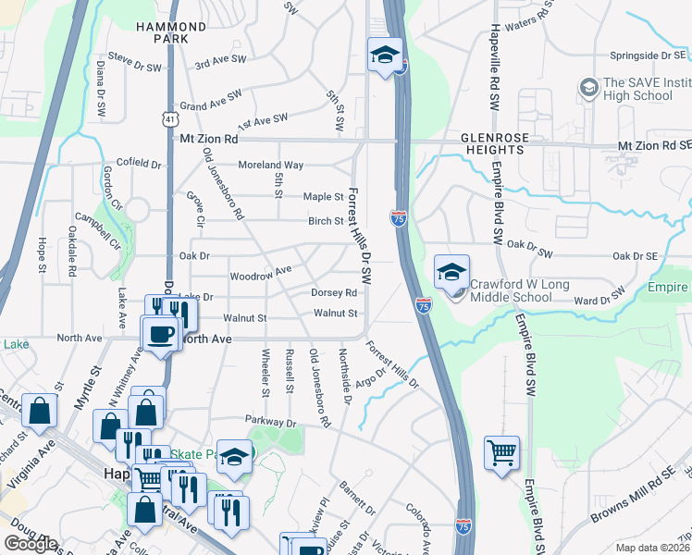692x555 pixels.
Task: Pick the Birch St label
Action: (x=326, y=221)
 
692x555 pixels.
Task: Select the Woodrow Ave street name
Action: (x=261, y=271)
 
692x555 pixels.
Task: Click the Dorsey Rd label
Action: (x=334, y=292)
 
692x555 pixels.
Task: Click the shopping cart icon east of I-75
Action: (x=501, y=454)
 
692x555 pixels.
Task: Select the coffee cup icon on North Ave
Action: (x=159, y=333)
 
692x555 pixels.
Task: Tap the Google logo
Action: (x=31, y=544)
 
